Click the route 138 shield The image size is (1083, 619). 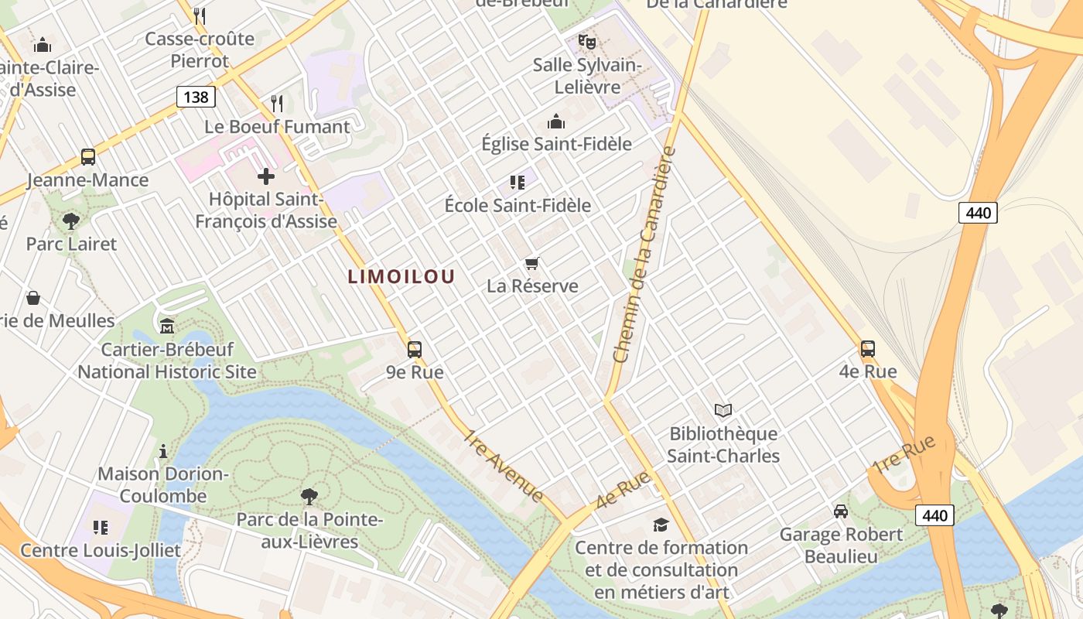(196, 97)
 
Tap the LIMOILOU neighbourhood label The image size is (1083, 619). (401, 276)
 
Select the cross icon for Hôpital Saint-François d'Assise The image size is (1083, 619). (266, 176)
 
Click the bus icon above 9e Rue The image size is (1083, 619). (415, 349)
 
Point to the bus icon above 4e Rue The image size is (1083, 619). (868, 348)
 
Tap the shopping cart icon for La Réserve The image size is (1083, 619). (531, 263)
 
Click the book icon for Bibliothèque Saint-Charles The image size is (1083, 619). (723, 410)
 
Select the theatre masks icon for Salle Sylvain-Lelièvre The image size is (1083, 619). (587, 41)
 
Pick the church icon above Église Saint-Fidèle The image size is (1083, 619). (556, 121)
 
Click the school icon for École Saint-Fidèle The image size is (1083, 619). (518, 183)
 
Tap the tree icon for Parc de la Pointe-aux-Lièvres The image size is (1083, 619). (309, 496)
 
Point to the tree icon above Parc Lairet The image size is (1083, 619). (71, 221)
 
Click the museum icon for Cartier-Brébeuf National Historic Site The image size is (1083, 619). (167, 326)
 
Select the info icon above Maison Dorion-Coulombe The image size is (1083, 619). (163, 451)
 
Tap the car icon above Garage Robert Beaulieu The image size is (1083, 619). (840, 511)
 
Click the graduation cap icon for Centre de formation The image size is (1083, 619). (661, 525)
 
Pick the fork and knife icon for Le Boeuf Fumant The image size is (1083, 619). (277, 103)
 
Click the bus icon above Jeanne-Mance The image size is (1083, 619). (88, 157)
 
